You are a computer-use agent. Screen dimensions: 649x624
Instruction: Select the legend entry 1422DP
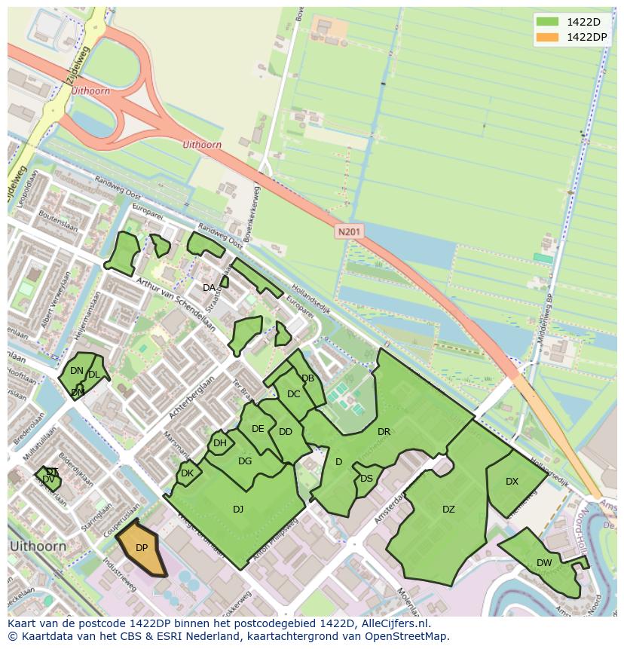pyautogui.click(x=576, y=37)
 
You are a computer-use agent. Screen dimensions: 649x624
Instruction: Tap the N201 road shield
pyautogui.click(x=349, y=232)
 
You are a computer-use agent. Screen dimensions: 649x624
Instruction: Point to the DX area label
pyautogui.click(x=512, y=482)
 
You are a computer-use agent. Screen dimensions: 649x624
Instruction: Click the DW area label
pyautogui.click(x=544, y=563)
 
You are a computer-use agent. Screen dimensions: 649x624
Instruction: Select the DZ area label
pyautogui.click(x=448, y=510)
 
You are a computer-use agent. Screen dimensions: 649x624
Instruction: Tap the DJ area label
pyautogui.click(x=238, y=510)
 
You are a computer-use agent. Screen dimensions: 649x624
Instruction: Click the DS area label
pyautogui.click(x=366, y=479)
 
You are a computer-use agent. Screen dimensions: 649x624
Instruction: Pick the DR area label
pyautogui.click(x=384, y=432)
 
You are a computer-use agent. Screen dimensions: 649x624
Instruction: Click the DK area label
pyautogui.click(x=187, y=473)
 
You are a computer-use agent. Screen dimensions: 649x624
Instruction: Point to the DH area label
pyautogui.click(x=219, y=443)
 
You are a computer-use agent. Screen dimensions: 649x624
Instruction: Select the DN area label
pyautogui.click(x=76, y=371)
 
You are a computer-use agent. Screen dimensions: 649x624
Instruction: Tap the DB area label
pyautogui.click(x=307, y=378)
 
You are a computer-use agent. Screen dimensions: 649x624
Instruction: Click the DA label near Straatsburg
pyautogui.click(x=210, y=288)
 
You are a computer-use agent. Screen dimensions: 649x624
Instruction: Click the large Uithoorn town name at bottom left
pyautogui.click(x=37, y=545)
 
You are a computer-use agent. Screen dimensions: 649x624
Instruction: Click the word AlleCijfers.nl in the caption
pyautogui.click(x=393, y=623)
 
